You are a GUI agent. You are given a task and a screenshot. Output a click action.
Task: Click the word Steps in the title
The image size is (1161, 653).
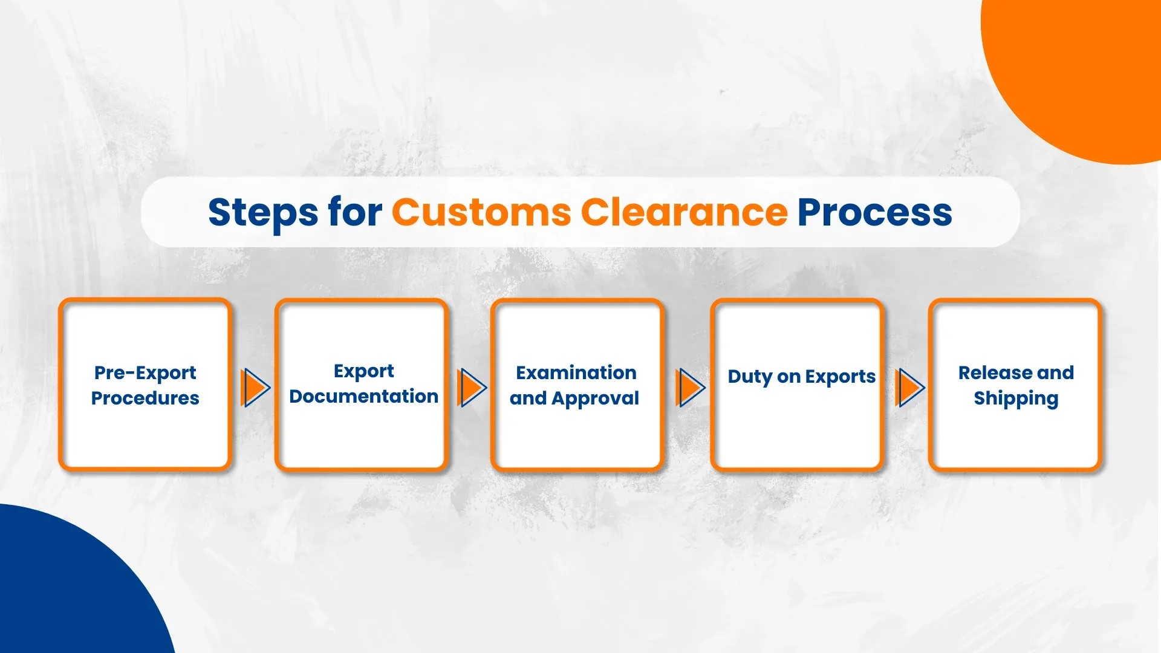tap(262, 213)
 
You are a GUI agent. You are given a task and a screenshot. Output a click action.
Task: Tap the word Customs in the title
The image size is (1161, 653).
tap(481, 213)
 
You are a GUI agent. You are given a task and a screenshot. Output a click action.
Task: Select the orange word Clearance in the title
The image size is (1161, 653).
tap(684, 213)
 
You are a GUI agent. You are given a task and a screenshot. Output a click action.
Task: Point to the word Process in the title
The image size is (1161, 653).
tap(874, 213)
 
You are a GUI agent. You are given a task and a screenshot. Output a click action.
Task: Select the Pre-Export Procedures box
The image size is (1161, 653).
tap(145, 385)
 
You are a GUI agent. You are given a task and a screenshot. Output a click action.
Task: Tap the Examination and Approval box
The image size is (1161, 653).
tap(577, 385)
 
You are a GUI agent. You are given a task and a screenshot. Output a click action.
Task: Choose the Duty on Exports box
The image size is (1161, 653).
tap(798, 385)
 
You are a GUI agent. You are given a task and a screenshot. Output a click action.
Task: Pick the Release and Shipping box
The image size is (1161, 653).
tap(1015, 385)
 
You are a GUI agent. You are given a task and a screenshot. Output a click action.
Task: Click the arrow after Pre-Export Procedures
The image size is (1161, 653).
tap(255, 388)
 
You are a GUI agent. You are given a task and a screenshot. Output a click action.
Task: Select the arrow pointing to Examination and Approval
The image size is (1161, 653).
tap(472, 388)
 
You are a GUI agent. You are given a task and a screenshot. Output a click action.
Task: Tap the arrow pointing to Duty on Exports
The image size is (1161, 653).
tap(691, 388)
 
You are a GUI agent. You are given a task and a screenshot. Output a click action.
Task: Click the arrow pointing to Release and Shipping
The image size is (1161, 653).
tap(909, 388)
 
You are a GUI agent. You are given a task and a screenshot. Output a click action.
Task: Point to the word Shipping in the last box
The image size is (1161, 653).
tap(1016, 398)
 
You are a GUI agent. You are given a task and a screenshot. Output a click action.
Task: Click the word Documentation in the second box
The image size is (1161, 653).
tap(363, 397)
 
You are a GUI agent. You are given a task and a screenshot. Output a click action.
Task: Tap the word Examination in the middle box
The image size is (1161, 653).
tap(576, 372)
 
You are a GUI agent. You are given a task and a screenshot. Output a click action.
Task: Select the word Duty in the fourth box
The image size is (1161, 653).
tap(750, 377)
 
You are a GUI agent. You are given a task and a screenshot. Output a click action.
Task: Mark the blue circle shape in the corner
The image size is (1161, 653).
tap(67, 586)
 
